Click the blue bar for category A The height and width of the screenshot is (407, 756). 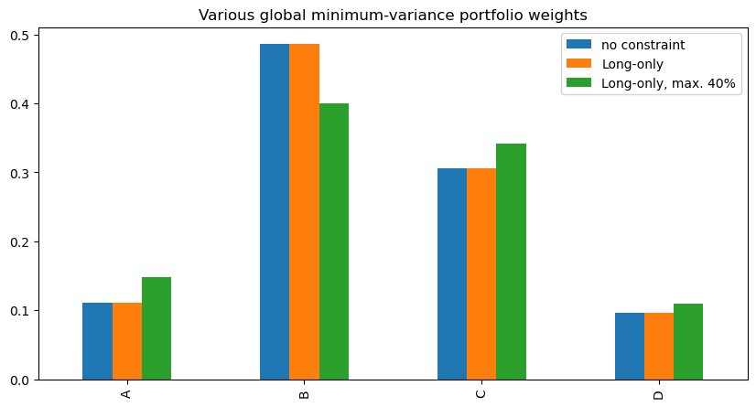97,341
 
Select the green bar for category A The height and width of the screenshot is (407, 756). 157,328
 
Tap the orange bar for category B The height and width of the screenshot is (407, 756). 304,212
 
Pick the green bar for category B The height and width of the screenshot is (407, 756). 334,241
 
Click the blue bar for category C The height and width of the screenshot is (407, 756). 452,274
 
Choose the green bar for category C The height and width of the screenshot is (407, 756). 511,262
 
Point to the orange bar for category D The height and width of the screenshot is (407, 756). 659,347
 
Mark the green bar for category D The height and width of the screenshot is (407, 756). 688,341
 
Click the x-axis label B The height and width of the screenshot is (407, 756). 304,394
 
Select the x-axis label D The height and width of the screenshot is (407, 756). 659,394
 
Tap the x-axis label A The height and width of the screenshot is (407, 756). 126,394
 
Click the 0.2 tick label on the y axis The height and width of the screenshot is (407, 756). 19,241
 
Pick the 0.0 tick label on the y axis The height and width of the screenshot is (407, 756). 19,380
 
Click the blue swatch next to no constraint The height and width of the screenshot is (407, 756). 578,44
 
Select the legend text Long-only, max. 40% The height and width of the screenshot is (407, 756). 668,83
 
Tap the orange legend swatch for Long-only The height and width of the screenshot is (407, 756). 578,64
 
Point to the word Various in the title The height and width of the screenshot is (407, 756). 226,15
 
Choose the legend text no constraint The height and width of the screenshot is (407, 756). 643,45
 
